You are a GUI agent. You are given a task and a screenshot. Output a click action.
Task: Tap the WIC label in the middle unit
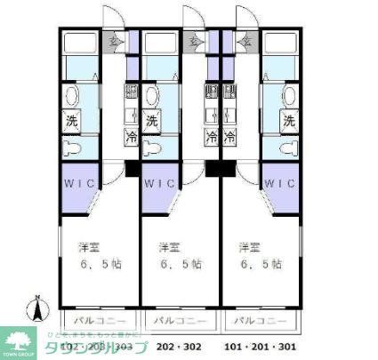(x=161, y=184)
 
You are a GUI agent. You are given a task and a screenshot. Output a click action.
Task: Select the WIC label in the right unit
(x=278, y=184)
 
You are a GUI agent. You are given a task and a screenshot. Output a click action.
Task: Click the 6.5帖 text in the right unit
(x=263, y=264)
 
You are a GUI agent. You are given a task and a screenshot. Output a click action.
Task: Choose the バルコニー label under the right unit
(x=260, y=320)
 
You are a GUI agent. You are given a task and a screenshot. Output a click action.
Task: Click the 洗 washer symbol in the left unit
(x=72, y=121)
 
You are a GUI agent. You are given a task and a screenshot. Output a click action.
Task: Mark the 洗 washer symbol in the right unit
(x=287, y=121)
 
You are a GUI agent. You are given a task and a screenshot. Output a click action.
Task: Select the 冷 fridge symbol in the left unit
(x=132, y=139)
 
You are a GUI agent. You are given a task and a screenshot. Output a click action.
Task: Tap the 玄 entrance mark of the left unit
(x=113, y=39)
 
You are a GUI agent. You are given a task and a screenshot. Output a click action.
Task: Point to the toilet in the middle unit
(x=153, y=146)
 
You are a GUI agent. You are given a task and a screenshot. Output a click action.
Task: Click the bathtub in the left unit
(x=81, y=45)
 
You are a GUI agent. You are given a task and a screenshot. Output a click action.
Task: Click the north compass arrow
(x=36, y=309)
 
